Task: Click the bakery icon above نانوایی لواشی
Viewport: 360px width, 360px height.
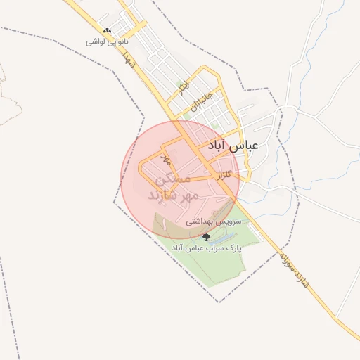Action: [x=107, y=31]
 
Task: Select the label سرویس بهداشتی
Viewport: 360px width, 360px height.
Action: [x=213, y=221]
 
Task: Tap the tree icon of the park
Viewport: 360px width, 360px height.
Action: [x=206, y=237]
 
